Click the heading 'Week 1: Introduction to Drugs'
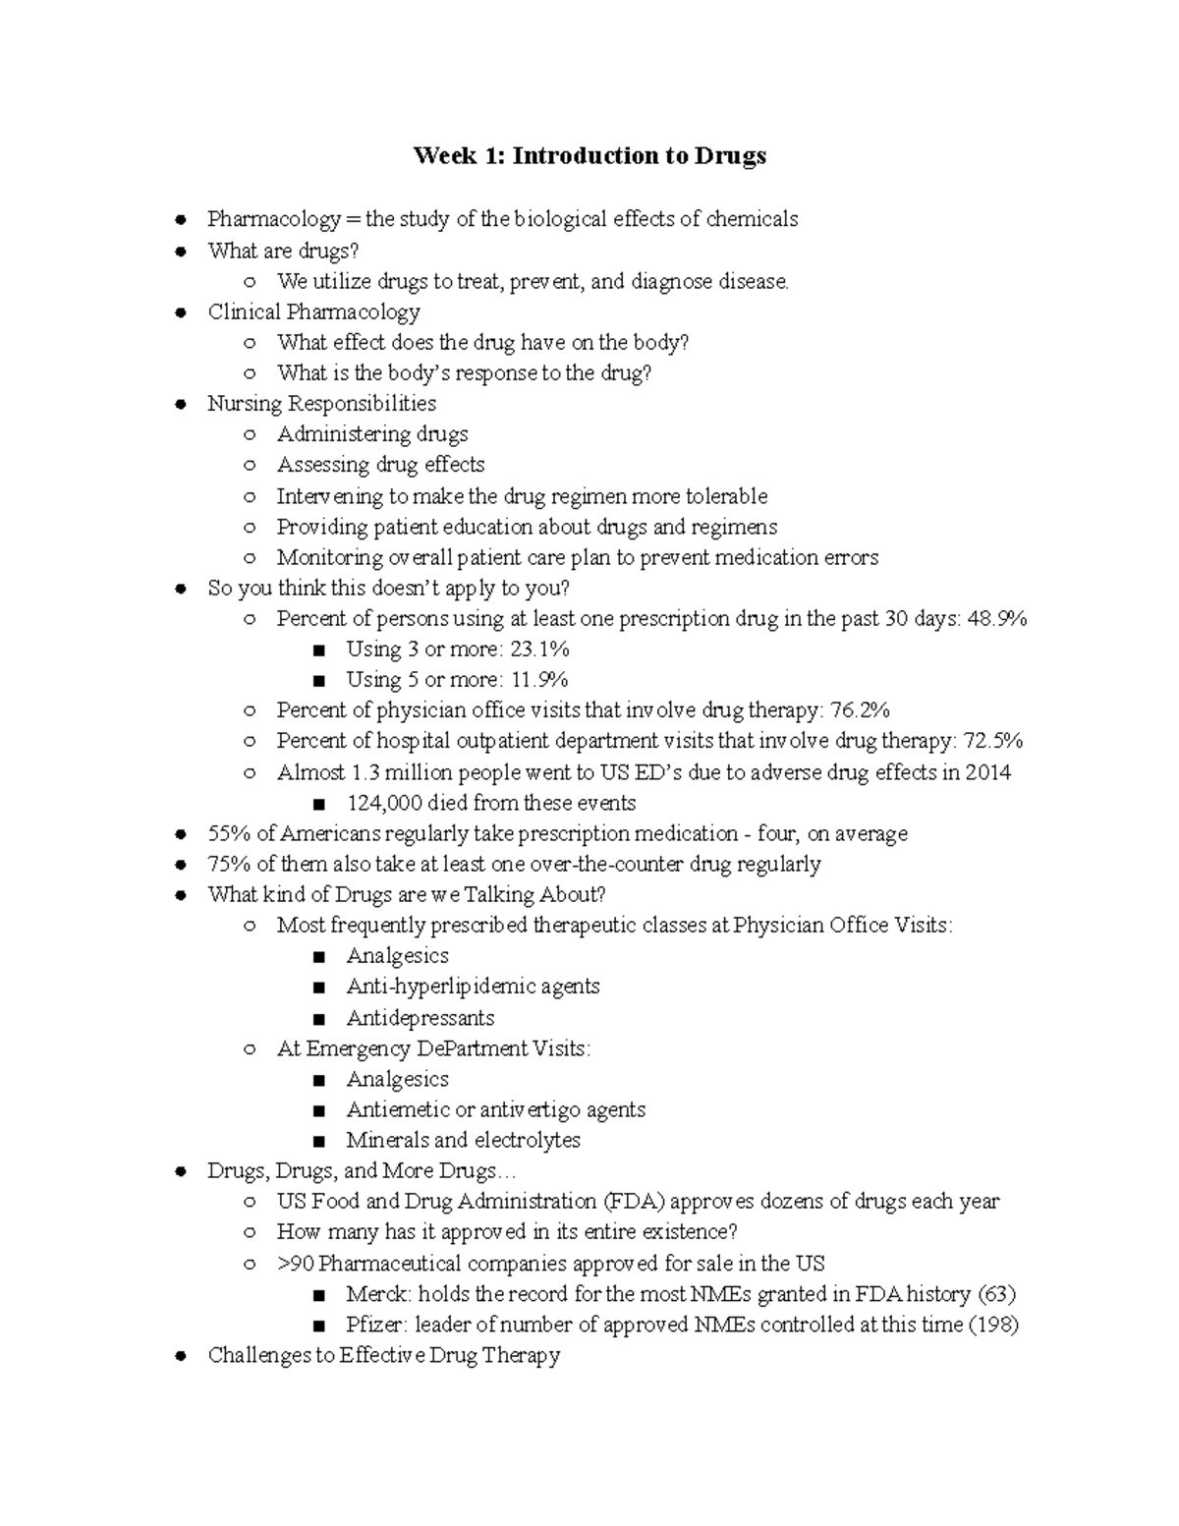pyautogui.click(x=589, y=156)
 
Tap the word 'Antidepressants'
pyautogui.click(x=420, y=1018)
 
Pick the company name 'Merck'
pyautogui.click(x=376, y=1294)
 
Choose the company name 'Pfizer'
pyautogui.click(x=376, y=1325)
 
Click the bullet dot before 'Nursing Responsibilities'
pyautogui.click(x=180, y=404)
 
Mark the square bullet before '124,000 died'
pyautogui.click(x=318, y=804)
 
